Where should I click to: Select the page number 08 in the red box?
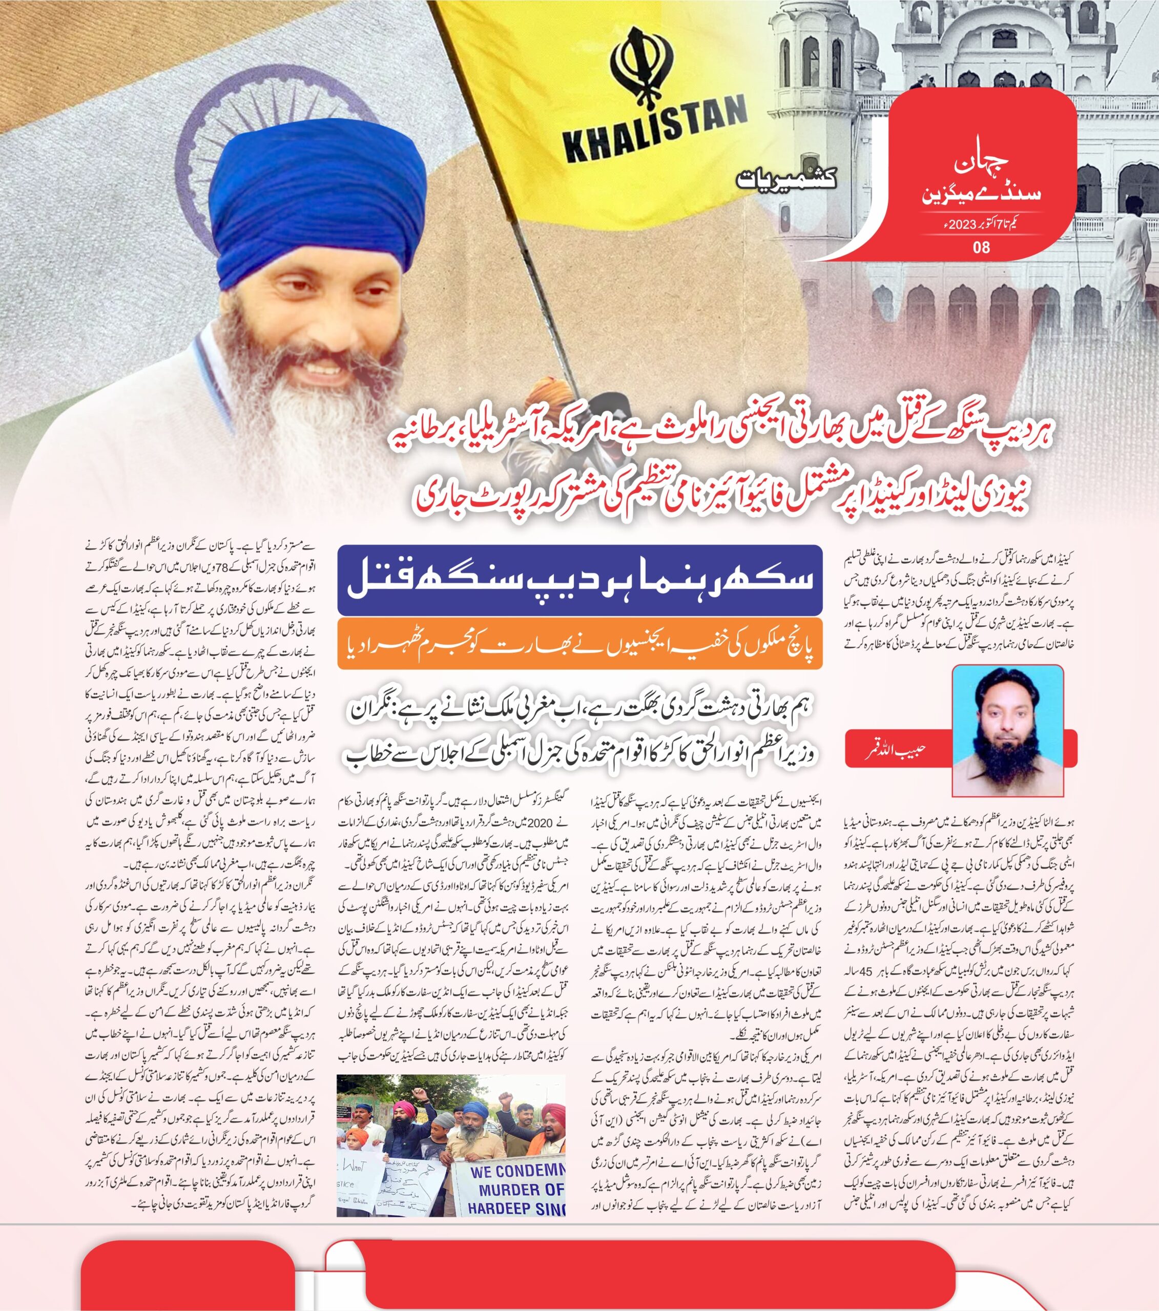(x=981, y=246)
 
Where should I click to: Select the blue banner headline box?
(x=580, y=579)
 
